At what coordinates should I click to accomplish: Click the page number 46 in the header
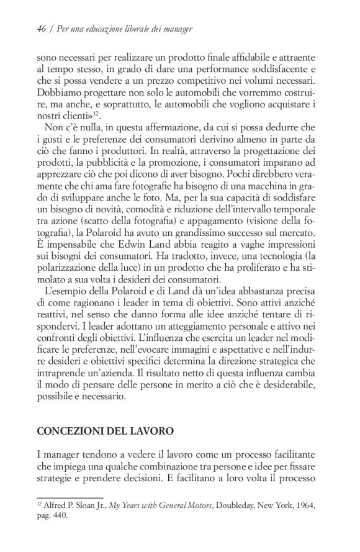pos(42,29)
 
